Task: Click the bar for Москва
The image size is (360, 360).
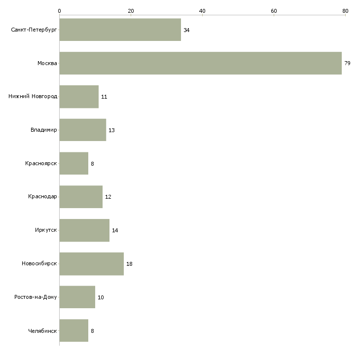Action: coord(201,63)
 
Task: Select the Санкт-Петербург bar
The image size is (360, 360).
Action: coord(120,30)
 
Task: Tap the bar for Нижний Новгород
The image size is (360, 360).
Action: coord(79,97)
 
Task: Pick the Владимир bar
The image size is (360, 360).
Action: coord(83,130)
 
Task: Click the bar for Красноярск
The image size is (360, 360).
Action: coord(74,163)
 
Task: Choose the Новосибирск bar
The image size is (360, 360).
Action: coord(92,264)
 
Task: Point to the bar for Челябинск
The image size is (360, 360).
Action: coord(74,330)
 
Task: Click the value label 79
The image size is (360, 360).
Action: coord(347,63)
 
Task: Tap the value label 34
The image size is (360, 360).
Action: coord(186,30)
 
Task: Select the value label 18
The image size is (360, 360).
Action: coord(129,264)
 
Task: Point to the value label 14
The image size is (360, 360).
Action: coord(115,230)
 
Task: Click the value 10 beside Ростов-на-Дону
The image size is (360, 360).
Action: coord(101,297)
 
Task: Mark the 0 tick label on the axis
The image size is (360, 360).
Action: coord(60,11)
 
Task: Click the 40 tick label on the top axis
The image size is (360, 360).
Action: coord(202,11)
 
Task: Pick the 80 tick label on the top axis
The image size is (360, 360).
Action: coord(345,11)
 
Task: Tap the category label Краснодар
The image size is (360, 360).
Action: coord(42,197)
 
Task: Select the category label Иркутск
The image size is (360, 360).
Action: coord(46,230)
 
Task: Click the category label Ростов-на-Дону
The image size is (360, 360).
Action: coord(36,297)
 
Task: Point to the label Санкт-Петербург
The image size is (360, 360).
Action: coord(34,30)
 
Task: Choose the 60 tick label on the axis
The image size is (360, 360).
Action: coord(274,11)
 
